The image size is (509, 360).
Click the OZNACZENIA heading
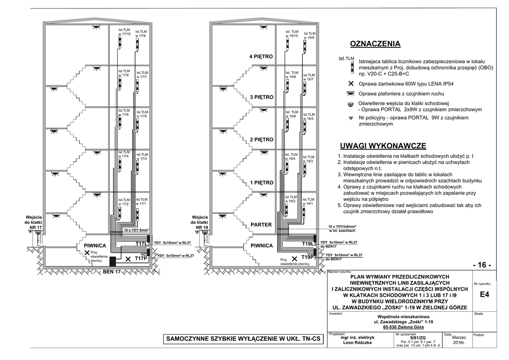375,44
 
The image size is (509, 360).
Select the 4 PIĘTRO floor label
261,57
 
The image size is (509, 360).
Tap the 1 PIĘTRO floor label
261,183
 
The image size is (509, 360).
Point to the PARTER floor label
261,225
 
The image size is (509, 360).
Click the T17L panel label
141,244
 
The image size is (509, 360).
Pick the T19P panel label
308,257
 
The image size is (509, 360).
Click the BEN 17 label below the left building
111,272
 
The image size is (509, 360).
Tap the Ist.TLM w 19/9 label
310,36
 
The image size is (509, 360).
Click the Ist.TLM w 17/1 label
142,202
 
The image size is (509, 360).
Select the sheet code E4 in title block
485,295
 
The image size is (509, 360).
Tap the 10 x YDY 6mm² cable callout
137,230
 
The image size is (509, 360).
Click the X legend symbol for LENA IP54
351,84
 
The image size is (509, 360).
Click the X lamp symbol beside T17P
128,259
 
